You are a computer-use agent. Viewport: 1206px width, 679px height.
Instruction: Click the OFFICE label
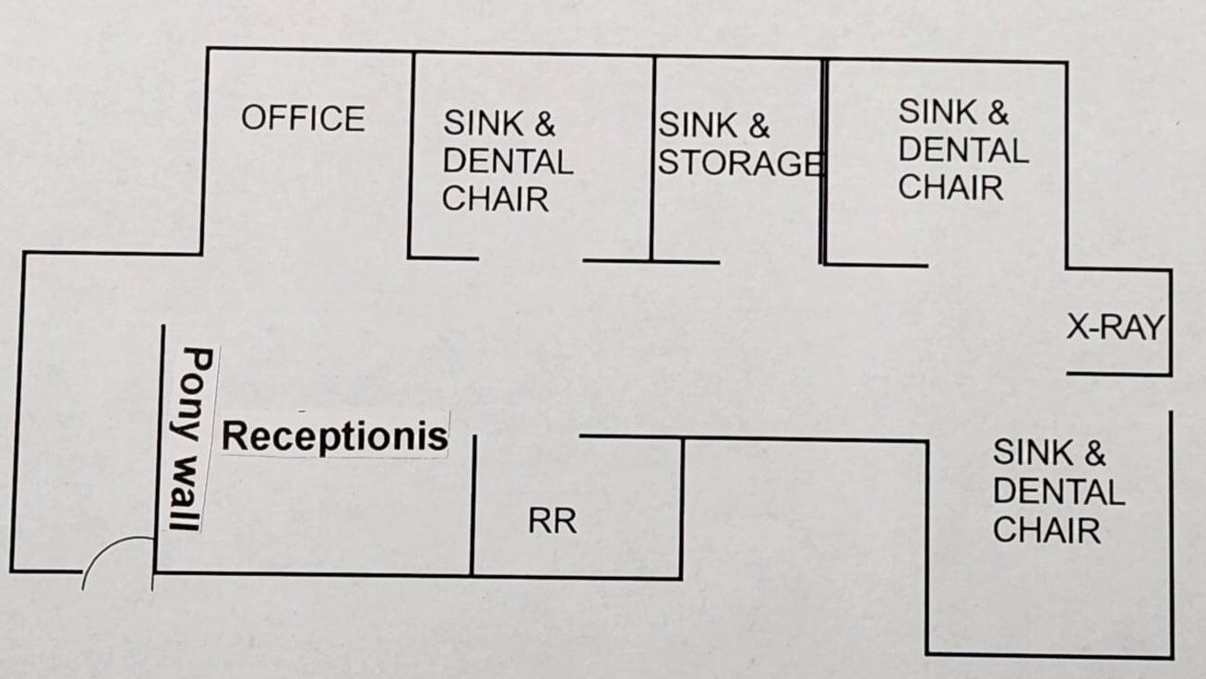click(x=303, y=119)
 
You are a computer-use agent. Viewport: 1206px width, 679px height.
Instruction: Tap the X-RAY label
click(x=1114, y=328)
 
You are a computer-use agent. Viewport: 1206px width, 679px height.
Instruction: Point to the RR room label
click(x=552, y=521)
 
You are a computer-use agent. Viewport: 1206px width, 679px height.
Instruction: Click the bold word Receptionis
click(x=335, y=435)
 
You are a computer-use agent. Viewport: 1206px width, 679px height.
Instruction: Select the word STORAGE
click(x=738, y=163)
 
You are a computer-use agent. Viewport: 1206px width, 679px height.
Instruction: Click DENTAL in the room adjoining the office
click(x=507, y=161)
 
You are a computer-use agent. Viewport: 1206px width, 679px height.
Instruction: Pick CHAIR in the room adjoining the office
click(x=495, y=199)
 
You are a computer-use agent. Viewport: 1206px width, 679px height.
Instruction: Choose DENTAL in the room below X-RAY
click(x=1058, y=492)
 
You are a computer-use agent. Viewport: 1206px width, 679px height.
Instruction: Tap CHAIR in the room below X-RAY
click(x=1046, y=530)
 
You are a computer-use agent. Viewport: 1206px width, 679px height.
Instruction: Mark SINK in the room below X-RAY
click(x=1033, y=453)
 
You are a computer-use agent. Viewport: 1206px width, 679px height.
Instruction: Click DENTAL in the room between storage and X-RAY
click(x=962, y=149)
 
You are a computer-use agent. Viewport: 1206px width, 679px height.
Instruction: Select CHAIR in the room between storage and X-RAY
click(x=950, y=187)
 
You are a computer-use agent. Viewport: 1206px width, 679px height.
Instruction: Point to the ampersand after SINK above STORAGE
click(x=758, y=125)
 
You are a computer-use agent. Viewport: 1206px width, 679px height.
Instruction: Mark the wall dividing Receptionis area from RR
click(x=472, y=507)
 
